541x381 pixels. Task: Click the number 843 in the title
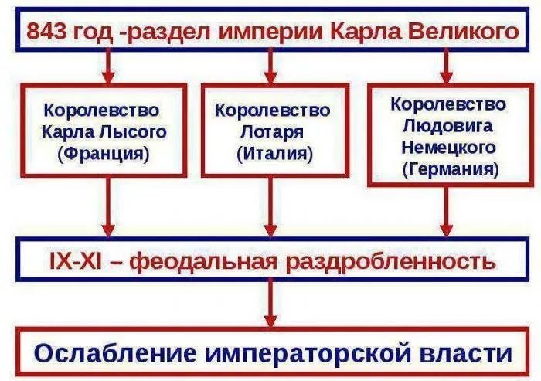click(x=46, y=32)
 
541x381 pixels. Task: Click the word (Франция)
click(x=104, y=154)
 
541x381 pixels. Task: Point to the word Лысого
click(x=133, y=132)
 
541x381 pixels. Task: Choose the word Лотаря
click(x=272, y=132)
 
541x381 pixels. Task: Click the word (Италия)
click(x=275, y=154)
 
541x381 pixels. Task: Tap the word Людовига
click(x=447, y=127)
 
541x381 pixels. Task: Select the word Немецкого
click(x=448, y=148)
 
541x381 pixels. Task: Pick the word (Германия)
click(x=451, y=169)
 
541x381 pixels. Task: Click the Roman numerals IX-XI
click(x=76, y=262)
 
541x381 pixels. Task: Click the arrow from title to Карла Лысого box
click(x=108, y=66)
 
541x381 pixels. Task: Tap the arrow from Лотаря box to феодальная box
click(x=270, y=206)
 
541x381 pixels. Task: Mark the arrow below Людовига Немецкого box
click(x=447, y=212)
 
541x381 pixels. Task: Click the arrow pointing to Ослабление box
click(x=270, y=303)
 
